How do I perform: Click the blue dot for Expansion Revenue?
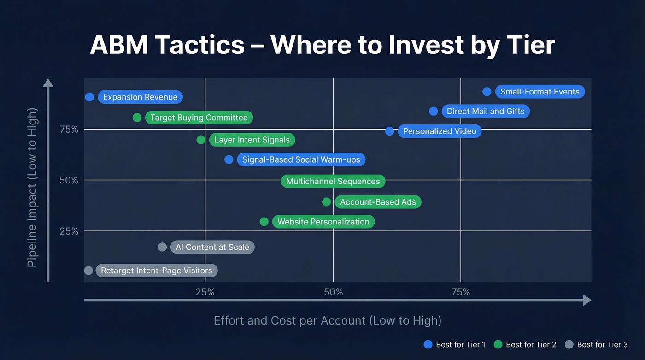tap(89, 97)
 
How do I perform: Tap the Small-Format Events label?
tap(539, 92)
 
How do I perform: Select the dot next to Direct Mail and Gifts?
tap(434, 111)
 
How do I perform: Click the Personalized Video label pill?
tap(440, 131)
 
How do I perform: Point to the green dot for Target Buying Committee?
tap(137, 118)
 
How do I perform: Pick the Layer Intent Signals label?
tap(252, 140)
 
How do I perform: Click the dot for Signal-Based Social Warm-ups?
tap(229, 159)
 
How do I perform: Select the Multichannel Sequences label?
tap(333, 182)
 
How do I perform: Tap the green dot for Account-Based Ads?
tap(326, 202)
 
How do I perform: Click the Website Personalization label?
tap(323, 222)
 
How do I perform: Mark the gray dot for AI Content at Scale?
tap(162, 247)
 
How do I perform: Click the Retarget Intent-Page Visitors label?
tap(156, 271)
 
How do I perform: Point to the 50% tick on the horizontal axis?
tap(333, 292)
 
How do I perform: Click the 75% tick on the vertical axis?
tap(69, 130)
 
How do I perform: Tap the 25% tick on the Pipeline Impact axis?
tap(69, 231)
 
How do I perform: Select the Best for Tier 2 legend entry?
tap(525, 344)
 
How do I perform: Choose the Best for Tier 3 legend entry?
tap(596, 344)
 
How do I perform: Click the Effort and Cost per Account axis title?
tap(327, 320)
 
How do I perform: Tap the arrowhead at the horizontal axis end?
tap(587, 301)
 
